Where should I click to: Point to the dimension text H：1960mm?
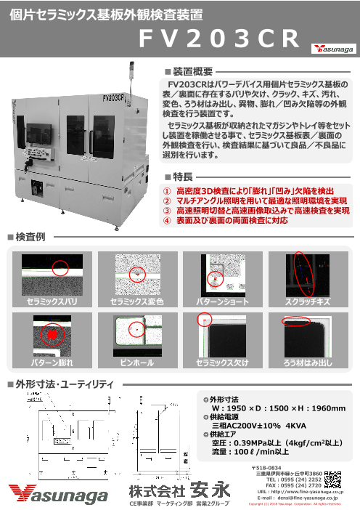click(314, 408)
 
